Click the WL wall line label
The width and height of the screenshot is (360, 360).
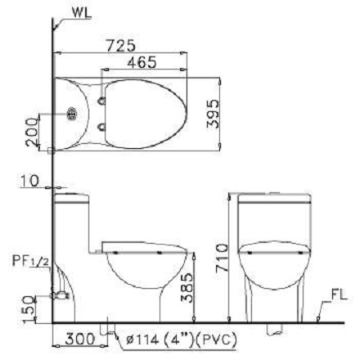82,13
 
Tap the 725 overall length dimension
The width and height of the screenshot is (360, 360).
120,46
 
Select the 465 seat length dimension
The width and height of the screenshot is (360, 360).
142,62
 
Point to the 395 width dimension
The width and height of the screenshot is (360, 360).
213,114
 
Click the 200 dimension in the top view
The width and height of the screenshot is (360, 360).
32,133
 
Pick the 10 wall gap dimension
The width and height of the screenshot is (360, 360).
30,181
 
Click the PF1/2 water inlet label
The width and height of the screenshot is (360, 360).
31,261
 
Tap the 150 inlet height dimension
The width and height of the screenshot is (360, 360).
30,309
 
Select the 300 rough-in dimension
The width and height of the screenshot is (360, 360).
80,340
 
